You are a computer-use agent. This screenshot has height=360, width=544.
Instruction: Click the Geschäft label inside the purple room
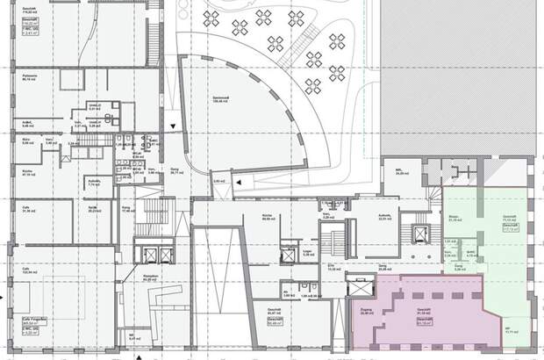point(422,311)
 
